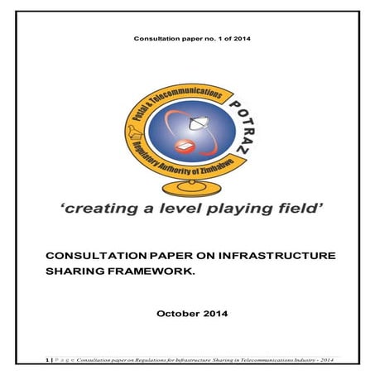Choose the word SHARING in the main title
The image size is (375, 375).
(x=79, y=272)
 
